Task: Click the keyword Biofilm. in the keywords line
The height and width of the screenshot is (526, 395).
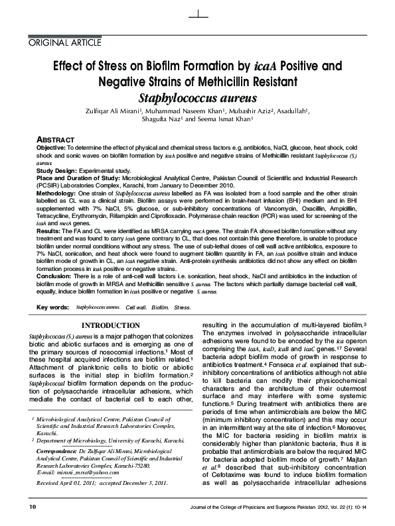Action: pyautogui.click(x=160, y=308)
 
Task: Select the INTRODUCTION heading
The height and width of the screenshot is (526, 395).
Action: pyautogui.click(x=110, y=325)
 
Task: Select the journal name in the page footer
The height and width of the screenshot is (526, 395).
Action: pyautogui.click(x=260, y=507)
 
